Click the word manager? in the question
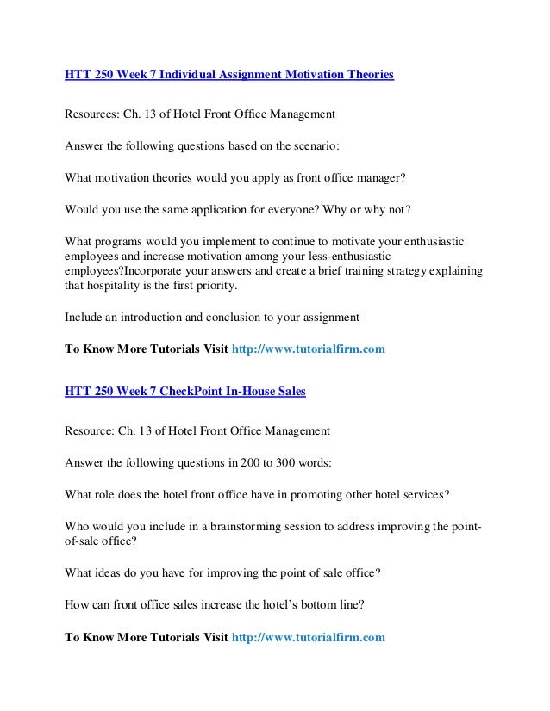point(375,180)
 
